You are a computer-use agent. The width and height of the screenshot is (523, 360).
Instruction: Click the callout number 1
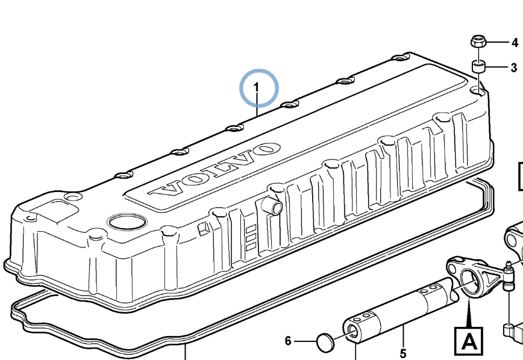pos(256,87)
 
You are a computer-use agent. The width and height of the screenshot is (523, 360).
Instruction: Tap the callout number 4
pos(515,43)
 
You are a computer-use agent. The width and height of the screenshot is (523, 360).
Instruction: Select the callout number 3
pos(514,67)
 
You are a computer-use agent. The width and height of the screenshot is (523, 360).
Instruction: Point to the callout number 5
pos(403,353)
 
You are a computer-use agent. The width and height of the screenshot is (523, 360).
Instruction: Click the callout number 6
pos(288,341)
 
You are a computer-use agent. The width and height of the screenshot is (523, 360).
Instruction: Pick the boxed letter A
pos(469,341)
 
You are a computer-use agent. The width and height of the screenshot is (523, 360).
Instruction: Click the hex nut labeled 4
pos(478,42)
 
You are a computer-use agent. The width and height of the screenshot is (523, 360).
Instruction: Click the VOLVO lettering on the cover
pos(215,169)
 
